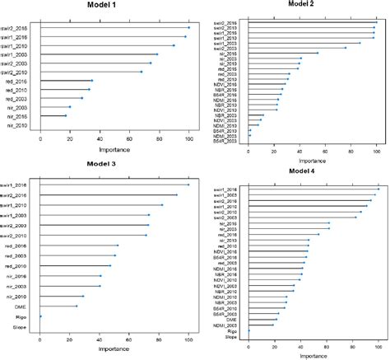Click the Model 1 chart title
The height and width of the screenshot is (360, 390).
114,6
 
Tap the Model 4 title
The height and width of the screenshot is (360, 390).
308,171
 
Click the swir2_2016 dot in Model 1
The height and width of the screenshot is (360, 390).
188,27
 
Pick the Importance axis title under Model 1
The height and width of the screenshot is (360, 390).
114,151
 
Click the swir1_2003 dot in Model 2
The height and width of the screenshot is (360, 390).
360,43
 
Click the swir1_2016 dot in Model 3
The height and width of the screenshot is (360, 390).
188,185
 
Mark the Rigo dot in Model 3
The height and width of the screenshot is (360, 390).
40,316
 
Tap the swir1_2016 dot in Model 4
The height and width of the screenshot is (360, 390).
378,189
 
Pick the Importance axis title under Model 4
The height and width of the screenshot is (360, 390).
312,355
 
